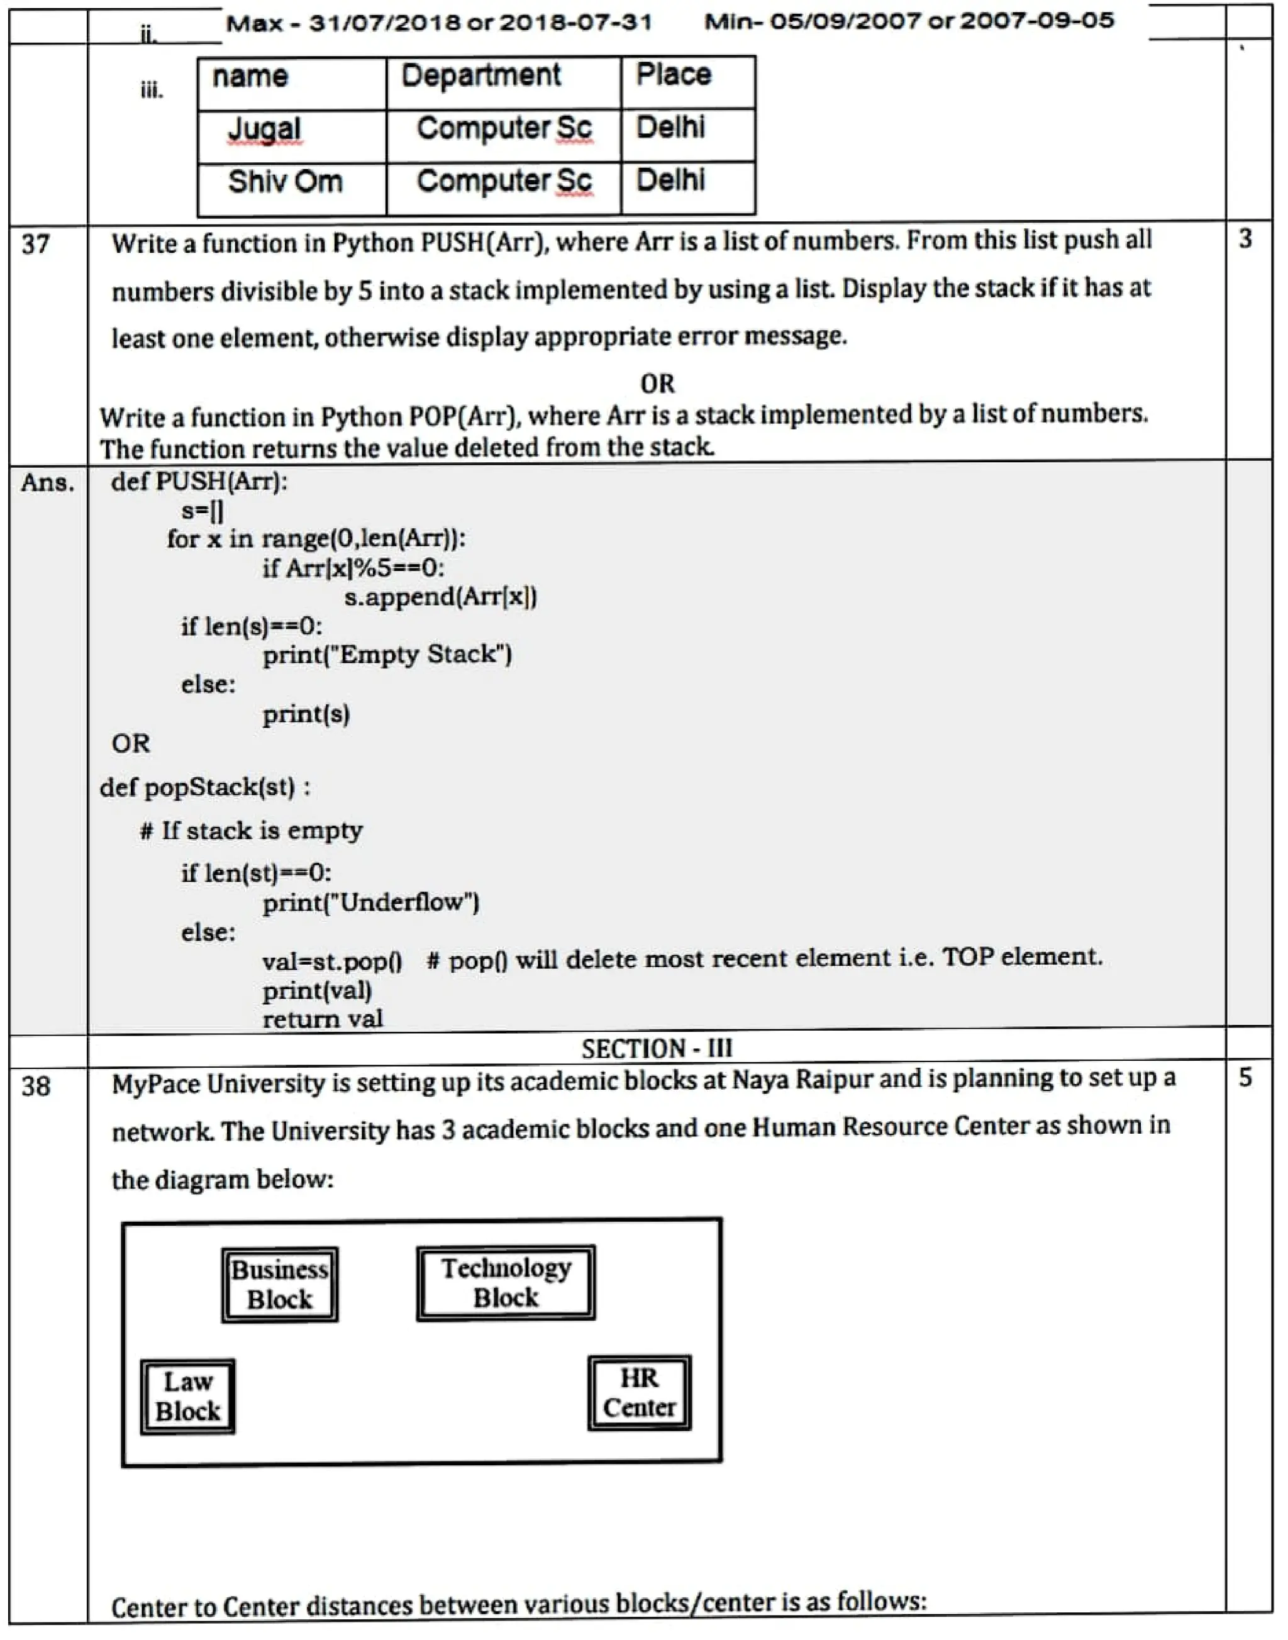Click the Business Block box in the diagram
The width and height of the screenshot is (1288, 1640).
pyautogui.click(x=280, y=1284)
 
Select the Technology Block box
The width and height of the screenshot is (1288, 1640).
pyautogui.click(x=506, y=1283)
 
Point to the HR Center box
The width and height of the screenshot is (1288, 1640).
pyautogui.click(x=640, y=1393)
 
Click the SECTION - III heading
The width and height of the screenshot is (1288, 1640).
pyautogui.click(x=657, y=1049)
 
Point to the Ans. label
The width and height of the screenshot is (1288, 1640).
pyautogui.click(x=48, y=482)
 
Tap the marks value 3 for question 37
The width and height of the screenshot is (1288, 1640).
pyautogui.click(x=1245, y=239)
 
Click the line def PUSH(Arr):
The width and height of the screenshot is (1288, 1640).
pyautogui.click(x=199, y=481)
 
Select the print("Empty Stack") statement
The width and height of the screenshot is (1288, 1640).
pyautogui.click(x=387, y=655)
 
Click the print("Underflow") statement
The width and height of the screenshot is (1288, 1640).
pyautogui.click(x=370, y=902)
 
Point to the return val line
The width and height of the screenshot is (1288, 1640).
pyautogui.click(x=323, y=1019)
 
